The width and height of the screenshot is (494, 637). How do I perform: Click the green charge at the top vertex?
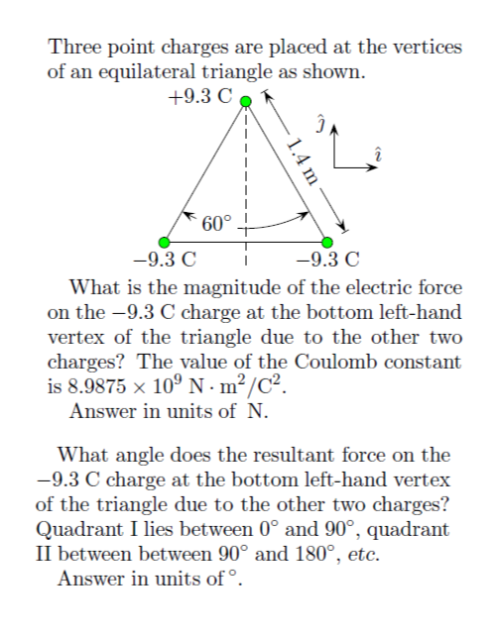click(247, 99)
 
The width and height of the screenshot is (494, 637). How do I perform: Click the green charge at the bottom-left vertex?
click(166, 242)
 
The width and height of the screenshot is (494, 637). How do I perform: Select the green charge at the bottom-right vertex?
click(327, 242)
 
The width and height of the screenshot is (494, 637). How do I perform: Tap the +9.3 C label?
click(201, 97)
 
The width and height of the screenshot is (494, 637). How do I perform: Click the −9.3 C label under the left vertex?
click(164, 264)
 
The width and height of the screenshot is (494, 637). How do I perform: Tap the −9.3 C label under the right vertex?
click(328, 264)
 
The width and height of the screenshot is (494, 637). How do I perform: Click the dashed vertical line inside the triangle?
click(247, 168)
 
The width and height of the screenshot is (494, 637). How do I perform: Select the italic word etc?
click(364, 555)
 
